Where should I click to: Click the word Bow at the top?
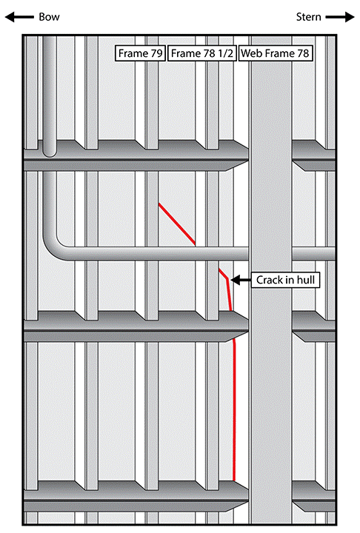tap(49, 16)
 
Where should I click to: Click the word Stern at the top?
tap(308, 16)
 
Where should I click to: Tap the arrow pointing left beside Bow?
tap(19, 16)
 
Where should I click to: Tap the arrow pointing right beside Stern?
tap(340, 16)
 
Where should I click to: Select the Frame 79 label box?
tap(140, 53)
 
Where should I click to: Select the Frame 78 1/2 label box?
tap(202, 53)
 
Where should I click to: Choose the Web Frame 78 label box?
tap(275, 53)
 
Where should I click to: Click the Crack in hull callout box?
tap(285, 280)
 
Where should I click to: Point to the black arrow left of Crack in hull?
tap(241, 280)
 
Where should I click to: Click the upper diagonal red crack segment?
tap(177, 224)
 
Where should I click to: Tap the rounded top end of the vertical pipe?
tap(50, 152)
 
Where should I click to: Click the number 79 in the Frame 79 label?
tap(156, 53)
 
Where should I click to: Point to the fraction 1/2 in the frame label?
tap(226, 53)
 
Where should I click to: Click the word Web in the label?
tap(251, 53)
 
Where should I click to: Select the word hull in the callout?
tap(306, 280)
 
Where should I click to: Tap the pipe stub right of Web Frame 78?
tap(314, 254)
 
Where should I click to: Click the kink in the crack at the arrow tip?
tap(227, 279)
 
